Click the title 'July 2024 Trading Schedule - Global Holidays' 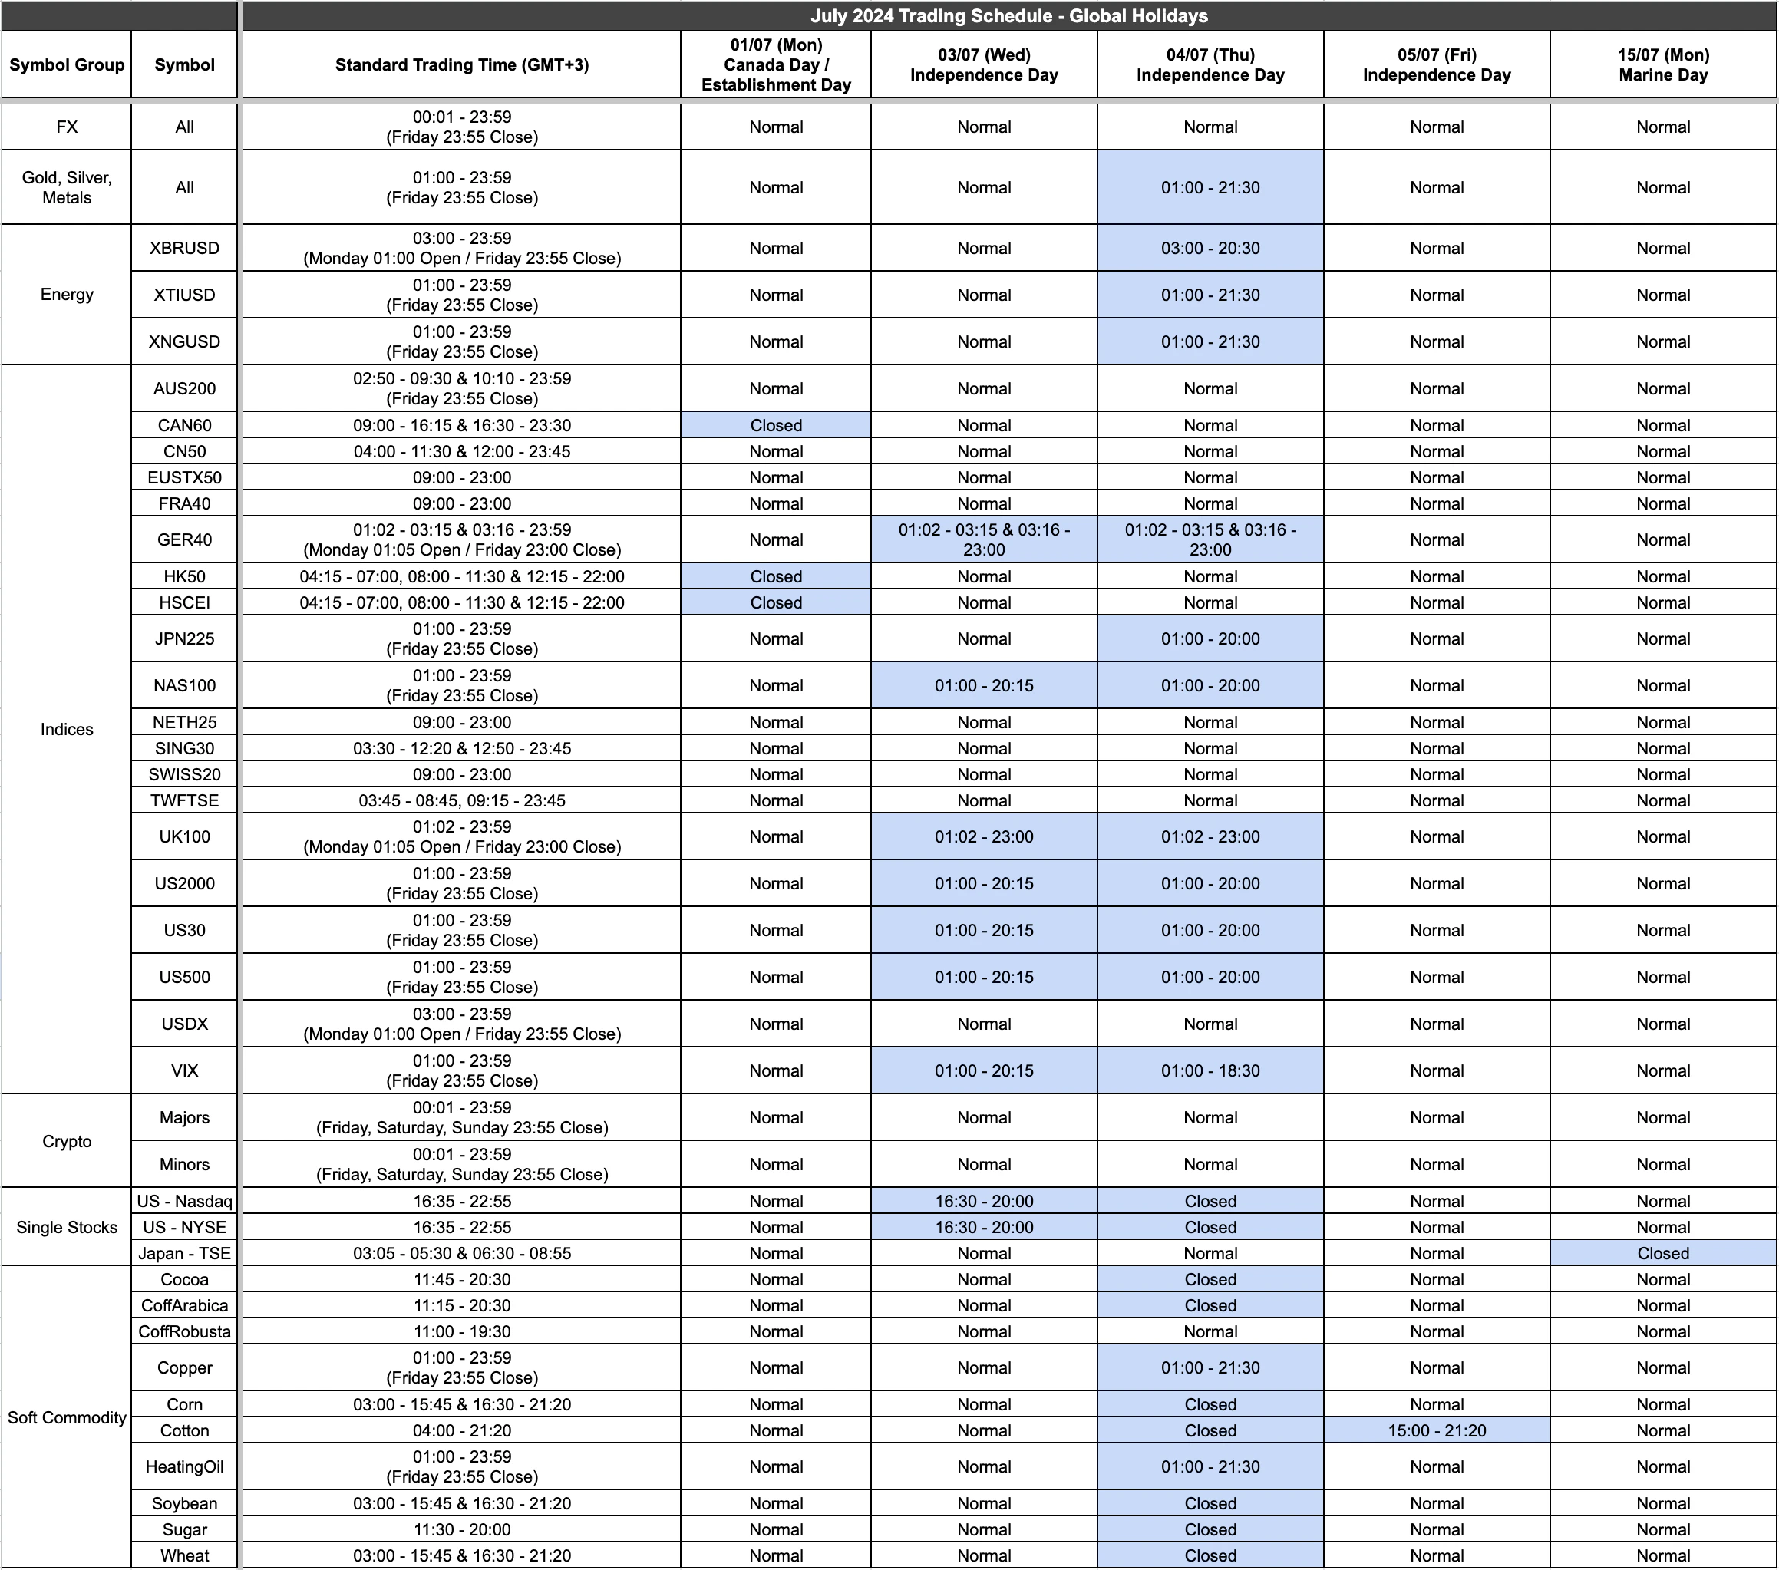1008,15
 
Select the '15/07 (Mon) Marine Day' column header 1662,64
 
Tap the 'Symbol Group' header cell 67,64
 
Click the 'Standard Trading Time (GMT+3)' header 461,64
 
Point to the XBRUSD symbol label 184,248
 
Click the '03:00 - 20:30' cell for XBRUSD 1210,248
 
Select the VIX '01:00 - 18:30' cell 1210,1070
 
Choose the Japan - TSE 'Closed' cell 1662,1253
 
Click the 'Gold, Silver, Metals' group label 67,187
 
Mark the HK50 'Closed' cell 775,576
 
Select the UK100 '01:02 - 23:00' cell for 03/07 983,836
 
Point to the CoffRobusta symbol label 184,1331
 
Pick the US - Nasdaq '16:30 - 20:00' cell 983,1201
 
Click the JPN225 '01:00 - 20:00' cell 1210,638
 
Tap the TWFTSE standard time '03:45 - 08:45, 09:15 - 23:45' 461,800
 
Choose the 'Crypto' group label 67,1141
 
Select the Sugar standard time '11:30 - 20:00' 461,1530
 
